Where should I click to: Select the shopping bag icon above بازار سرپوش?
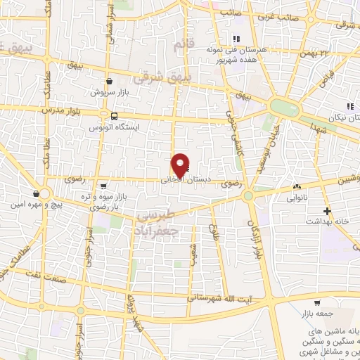pyautogui.click(x=110, y=82)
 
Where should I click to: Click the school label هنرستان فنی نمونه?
pyautogui.click(x=230, y=51)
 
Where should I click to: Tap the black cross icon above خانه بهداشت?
pyautogui.click(x=326, y=210)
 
